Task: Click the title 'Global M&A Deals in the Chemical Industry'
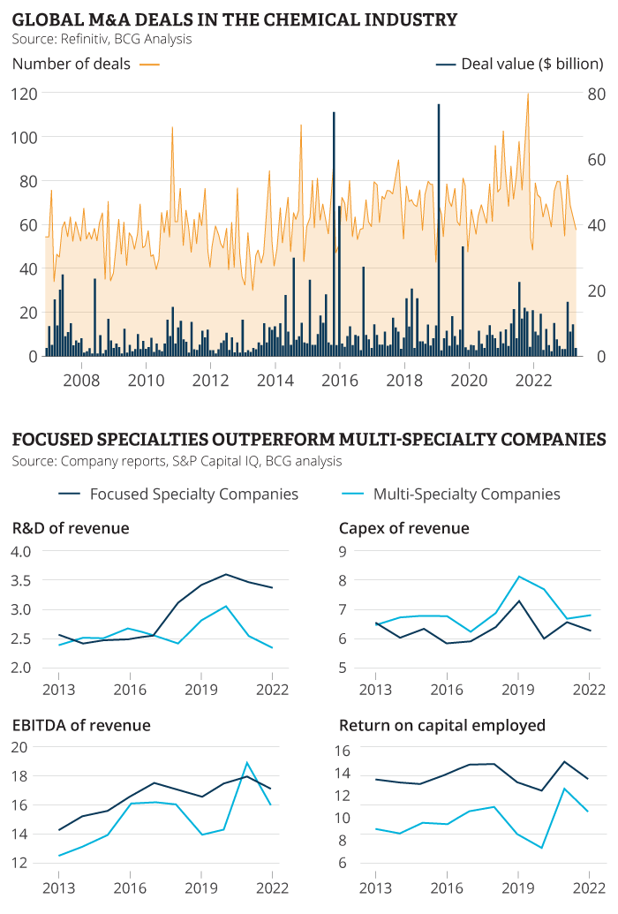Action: pyautogui.click(x=235, y=19)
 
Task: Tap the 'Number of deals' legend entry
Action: pyautogui.click(x=72, y=64)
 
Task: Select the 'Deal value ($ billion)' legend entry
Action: pyautogui.click(x=532, y=64)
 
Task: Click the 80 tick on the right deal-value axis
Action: pyautogui.click(x=596, y=94)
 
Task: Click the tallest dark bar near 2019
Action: pyautogui.click(x=439, y=230)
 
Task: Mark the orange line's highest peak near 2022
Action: pyautogui.click(x=528, y=94)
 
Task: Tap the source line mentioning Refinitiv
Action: pyautogui.click(x=102, y=39)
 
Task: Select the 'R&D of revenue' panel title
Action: pyautogui.click(x=71, y=528)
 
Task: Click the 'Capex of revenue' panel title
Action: pyautogui.click(x=403, y=528)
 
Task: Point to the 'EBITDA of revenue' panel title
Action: pyautogui.click(x=81, y=725)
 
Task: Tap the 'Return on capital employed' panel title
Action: pyautogui.click(x=441, y=725)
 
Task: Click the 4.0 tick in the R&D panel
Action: pyautogui.click(x=22, y=551)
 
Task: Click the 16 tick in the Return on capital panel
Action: pyautogui.click(x=343, y=751)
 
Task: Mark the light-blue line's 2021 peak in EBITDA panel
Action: pyautogui.click(x=248, y=762)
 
